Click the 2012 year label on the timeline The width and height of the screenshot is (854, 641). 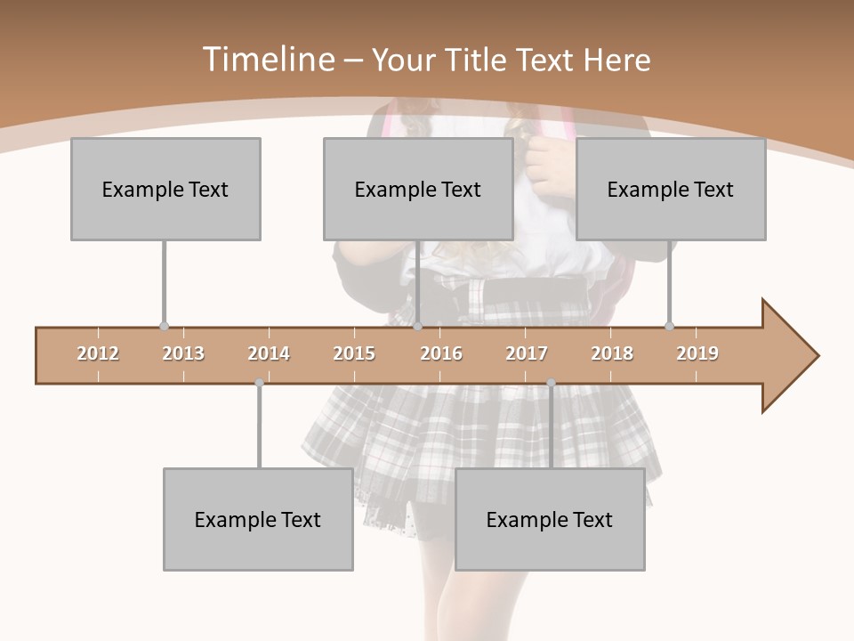(x=98, y=353)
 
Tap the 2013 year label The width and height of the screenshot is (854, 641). (x=183, y=353)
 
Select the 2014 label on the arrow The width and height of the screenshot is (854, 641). (x=269, y=353)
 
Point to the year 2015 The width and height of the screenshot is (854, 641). (x=354, y=353)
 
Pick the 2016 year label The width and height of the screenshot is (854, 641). (x=441, y=353)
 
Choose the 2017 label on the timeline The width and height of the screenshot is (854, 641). (x=527, y=353)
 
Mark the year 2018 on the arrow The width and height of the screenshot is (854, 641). (x=612, y=353)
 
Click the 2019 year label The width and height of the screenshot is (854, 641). (x=697, y=353)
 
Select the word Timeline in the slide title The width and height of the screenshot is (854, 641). (x=266, y=60)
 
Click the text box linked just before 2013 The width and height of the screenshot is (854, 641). (x=165, y=189)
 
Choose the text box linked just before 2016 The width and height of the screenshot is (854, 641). (x=418, y=189)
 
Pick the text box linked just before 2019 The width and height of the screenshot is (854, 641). (x=671, y=189)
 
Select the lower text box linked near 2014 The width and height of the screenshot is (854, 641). (x=258, y=519)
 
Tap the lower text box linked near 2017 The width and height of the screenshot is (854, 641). (x=550, y=519)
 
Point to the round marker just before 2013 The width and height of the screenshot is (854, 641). (x=164, y=327)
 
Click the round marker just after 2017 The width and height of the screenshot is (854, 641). (x=551, y=383)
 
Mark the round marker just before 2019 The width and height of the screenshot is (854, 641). (x=669, y=327)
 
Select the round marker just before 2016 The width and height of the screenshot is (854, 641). (x=417, y=327)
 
